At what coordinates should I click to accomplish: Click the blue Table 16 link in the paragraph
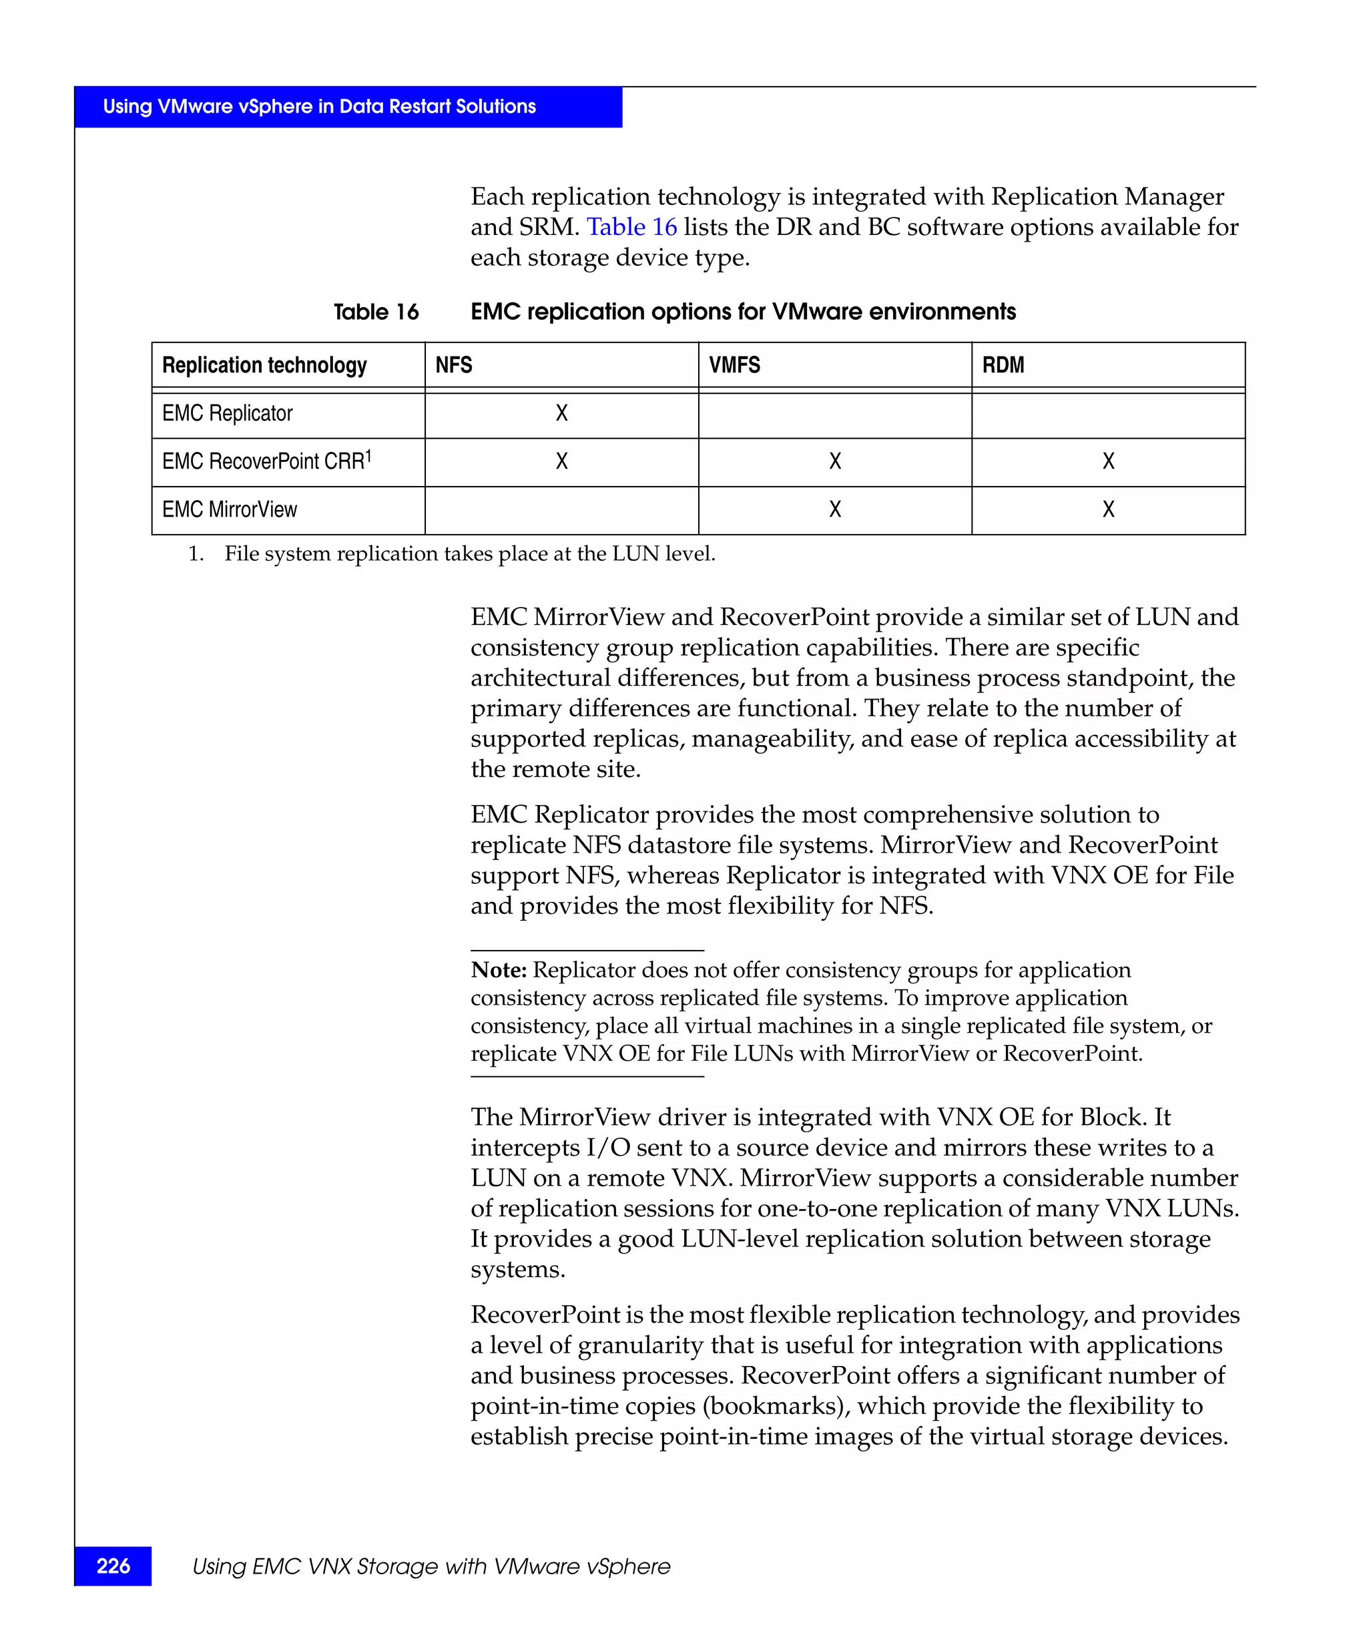coord(631,226)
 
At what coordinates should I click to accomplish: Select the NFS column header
coord(454,365)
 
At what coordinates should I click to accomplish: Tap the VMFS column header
coord(734,365)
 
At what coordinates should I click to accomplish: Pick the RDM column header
coord(1003,365)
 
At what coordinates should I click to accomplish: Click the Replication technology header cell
coord(264,365)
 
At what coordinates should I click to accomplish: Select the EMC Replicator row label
coord(228,413)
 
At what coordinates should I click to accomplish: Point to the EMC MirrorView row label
coord(230,509)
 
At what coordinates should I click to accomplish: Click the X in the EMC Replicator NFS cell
coord(561,413)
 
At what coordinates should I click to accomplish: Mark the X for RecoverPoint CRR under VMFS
coord(835,461)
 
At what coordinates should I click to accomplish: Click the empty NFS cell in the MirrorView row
coord(561,509)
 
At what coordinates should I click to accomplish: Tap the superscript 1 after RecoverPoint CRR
coord(368,455)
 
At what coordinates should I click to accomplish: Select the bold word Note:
coord(499,970)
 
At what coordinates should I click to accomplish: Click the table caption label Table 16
coord(376,312)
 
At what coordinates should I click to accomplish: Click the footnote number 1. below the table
coord(196,554)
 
